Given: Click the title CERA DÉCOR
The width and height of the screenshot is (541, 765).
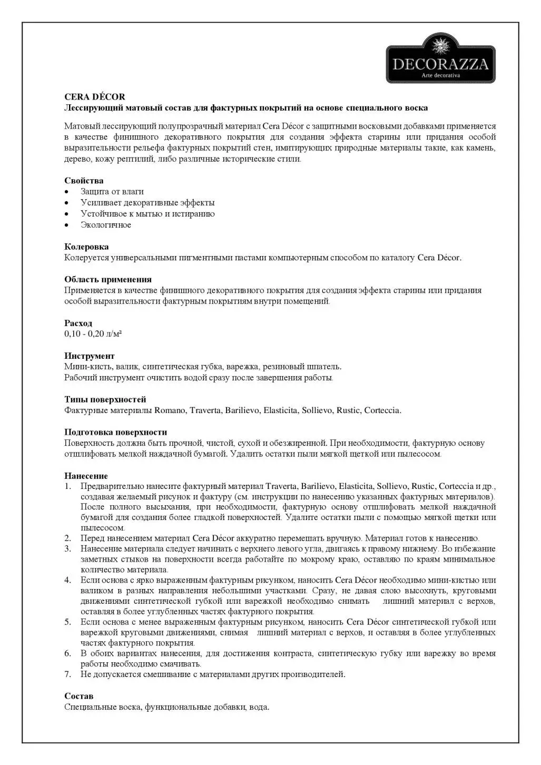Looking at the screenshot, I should (95, 97).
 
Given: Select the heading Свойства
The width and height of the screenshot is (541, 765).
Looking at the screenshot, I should (84, 181).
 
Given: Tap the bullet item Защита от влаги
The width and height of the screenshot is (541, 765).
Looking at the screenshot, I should (112, 192).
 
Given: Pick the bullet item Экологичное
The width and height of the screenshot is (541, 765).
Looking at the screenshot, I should (106, 225).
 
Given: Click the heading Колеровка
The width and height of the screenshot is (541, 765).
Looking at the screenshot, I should (87, 247).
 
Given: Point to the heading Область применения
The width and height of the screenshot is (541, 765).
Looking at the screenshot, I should (108, 279).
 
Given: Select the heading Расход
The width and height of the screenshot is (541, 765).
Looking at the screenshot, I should (78, 323).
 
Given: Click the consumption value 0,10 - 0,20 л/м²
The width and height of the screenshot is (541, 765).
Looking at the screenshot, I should (93, 334).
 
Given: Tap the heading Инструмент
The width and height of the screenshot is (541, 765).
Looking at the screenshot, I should (90, 356).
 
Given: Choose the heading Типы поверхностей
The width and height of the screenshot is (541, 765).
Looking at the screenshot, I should (105, 399).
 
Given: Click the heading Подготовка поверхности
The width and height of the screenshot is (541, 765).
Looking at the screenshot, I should (116, 432).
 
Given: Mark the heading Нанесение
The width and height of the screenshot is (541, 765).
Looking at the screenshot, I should (86, 476).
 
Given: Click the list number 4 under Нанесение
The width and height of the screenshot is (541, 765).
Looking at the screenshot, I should (68, 580).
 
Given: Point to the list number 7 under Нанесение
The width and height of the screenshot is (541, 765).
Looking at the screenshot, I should (68, 674).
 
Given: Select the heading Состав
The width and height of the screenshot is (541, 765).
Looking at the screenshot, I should (79, 696).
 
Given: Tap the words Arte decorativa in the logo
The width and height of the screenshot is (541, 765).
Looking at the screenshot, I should (441, 76).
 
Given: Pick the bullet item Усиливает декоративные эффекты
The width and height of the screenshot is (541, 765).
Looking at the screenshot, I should (147, 203).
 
